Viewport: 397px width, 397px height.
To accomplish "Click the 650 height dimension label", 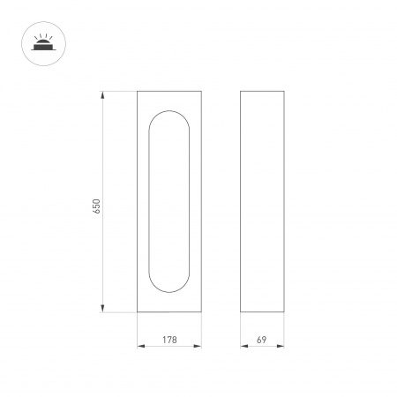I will tap(97, 205).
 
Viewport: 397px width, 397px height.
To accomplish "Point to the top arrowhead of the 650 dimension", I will tap(105, 94).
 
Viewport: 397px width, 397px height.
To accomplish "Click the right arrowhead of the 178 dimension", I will tap(202, 346).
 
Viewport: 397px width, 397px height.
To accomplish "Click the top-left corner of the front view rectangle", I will tap(138, 90).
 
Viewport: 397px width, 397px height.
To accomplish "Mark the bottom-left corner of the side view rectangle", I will tap(241, 312).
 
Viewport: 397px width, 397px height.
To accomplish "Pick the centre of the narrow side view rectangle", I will tap(261, 201).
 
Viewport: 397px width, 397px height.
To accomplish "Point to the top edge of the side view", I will tap(261, 90).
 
